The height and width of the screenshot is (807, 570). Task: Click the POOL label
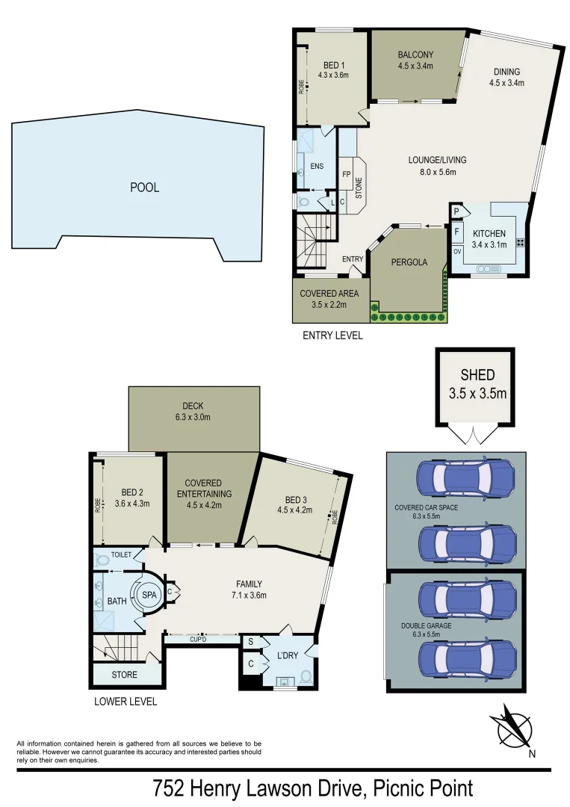(145, 188)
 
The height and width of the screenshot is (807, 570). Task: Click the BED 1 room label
(331, 64)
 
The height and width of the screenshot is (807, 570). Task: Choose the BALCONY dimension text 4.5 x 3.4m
(416, 66)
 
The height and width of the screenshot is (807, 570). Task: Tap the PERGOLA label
(409, 262)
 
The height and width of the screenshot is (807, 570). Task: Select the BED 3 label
(296, 499)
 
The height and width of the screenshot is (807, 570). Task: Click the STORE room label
(125, 675)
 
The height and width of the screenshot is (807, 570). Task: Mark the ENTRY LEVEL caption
(332, 336)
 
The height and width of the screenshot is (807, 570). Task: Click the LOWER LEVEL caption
(126, 702)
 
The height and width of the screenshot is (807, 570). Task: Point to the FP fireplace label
(346, 174)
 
